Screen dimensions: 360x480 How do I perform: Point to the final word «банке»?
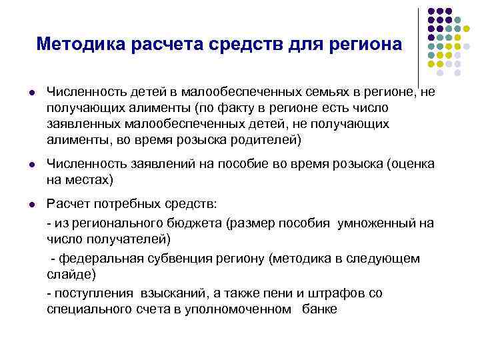[x=319, y=309]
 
